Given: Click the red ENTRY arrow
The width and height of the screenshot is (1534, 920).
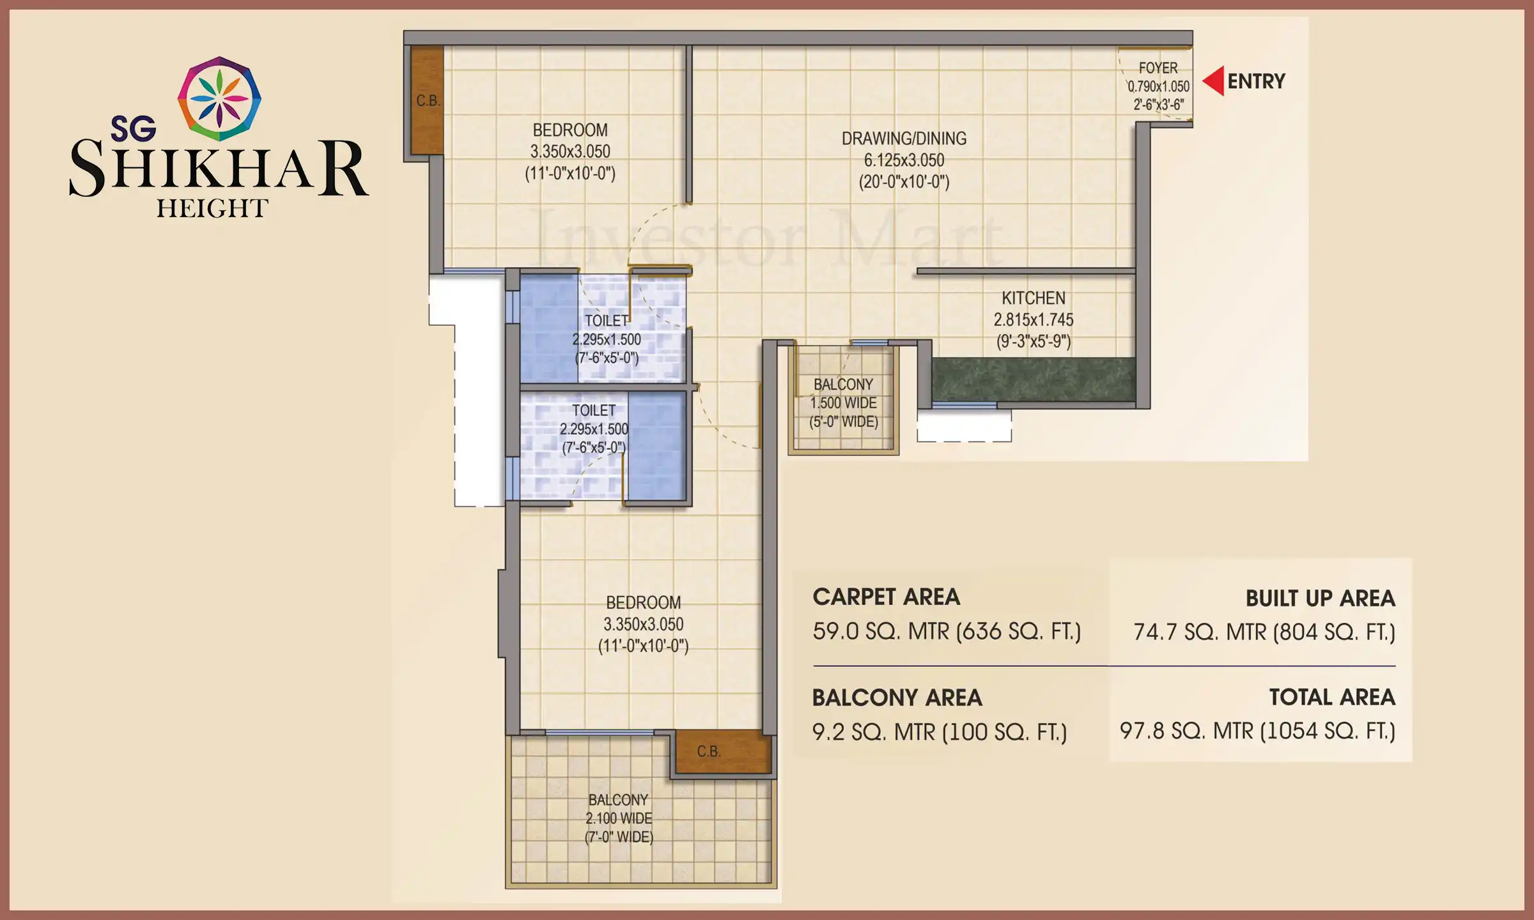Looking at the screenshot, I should pos(1215,81).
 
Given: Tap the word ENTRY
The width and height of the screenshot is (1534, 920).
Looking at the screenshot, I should pos(1256,82).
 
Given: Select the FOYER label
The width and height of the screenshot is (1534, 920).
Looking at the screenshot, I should pos(1158,68).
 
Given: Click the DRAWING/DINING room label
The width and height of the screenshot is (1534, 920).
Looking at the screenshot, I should pos(904,139).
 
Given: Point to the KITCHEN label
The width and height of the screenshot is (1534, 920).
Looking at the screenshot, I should pos(1033,298).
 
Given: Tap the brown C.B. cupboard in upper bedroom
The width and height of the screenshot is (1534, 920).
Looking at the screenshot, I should pos(427,100).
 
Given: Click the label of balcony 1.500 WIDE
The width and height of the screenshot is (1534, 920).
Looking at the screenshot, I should pos(843,403).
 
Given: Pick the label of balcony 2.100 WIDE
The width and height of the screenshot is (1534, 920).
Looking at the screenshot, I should pos(619,818).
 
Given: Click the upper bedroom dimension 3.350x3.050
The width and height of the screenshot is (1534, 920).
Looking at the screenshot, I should pos(570,152).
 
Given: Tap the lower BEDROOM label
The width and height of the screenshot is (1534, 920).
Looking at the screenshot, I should pos(643,602).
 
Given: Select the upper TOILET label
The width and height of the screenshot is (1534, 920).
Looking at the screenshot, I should pos(607,321).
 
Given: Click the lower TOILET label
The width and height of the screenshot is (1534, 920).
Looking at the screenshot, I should pos(594,411).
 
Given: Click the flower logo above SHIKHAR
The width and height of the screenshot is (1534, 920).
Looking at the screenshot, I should pos(219,98).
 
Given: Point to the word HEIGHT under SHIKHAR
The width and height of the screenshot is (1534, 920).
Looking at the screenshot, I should pos(212,209).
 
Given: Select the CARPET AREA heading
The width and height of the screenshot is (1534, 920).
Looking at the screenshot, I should pos(886,597).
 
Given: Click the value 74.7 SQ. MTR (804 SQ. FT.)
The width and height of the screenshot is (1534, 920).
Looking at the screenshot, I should pos(1264,632).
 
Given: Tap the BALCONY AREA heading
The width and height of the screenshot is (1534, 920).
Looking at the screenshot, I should pos(897,698).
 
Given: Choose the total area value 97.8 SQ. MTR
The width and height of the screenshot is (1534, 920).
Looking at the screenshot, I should pos(1257,731).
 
